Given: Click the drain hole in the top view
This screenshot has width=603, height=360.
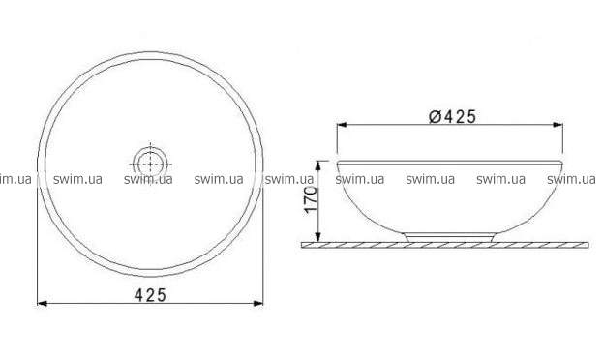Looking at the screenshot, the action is [150, 165].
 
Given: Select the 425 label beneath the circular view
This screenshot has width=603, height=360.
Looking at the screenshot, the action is [150, 295].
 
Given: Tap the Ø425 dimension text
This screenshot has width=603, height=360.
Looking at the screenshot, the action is [453, 116].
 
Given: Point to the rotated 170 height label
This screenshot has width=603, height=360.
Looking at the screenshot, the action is [311, 199].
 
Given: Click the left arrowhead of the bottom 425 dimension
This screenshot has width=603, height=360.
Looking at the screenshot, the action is [42, 304].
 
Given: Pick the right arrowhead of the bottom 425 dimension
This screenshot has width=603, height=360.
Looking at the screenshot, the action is [258, 304].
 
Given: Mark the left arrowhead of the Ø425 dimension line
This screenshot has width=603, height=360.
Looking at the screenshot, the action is [342, 125].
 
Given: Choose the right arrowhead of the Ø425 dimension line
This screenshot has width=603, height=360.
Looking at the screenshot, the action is [558, 125].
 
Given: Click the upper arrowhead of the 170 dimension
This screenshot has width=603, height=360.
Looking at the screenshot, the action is [318, 165].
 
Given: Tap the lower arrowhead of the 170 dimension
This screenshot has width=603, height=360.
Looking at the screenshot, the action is [318, 237].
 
